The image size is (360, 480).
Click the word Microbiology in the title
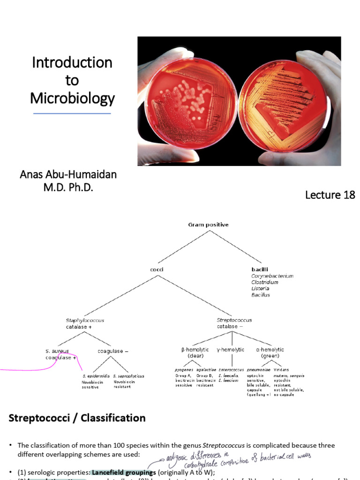[72, 98]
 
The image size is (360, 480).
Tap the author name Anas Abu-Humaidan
[68, 174]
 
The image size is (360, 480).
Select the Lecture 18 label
[330, 195]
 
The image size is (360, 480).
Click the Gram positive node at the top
[208, 225]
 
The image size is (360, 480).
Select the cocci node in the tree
[156, 270]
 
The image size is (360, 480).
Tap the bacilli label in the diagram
[260, 270]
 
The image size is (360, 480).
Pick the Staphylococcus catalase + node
[85, 323]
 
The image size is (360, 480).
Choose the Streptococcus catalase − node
[234, 323]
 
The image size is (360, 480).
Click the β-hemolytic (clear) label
[194, 352]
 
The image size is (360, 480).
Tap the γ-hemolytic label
[230, 350]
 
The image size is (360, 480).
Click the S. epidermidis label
[95, 376]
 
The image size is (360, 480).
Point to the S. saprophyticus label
[128, 376]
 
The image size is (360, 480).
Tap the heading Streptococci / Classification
[77, 418]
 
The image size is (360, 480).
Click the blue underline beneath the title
[72, 113]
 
